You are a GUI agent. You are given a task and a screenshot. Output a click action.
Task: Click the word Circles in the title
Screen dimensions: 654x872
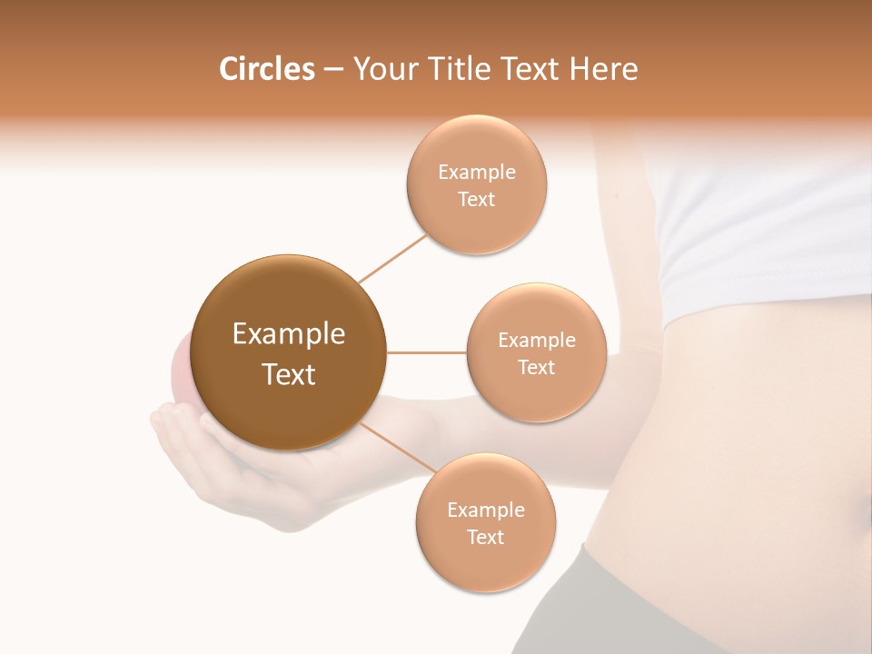(266, 69)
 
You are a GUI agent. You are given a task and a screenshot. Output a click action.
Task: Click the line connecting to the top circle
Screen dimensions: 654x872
(392, 259)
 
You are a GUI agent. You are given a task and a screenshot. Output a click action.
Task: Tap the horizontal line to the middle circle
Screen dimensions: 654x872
(427, 352)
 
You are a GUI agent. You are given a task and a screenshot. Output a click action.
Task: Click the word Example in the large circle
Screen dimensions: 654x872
(289, 334)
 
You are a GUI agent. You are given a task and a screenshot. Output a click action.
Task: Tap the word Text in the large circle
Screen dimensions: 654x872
(289, 374)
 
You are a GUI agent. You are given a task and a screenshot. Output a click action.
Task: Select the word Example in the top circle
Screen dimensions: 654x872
(476, 173)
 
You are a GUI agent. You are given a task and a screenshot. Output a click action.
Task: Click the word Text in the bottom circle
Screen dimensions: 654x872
(485, 538)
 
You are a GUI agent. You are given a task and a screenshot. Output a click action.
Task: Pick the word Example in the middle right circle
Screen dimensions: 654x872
(536, 341)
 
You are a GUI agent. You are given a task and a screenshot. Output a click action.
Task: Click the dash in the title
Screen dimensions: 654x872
(333, 70)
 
